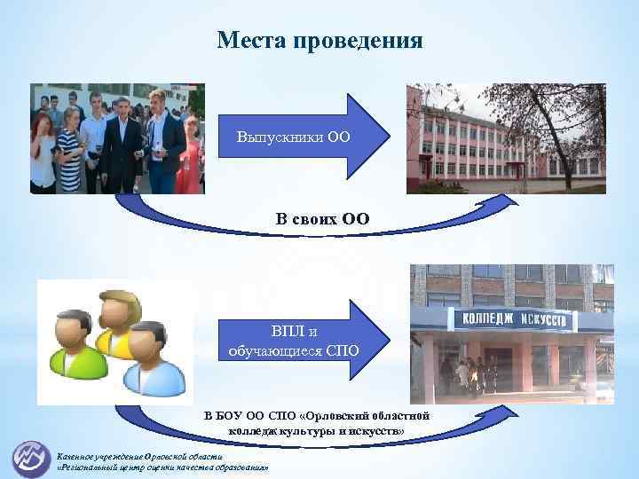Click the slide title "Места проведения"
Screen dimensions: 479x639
pos(320,41)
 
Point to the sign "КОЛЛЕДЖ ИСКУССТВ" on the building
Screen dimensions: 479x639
pos(507,317)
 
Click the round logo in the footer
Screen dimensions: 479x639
pos(31,457)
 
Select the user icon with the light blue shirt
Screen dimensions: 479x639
pos(154,359)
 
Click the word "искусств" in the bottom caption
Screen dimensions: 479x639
pos(381,430)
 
